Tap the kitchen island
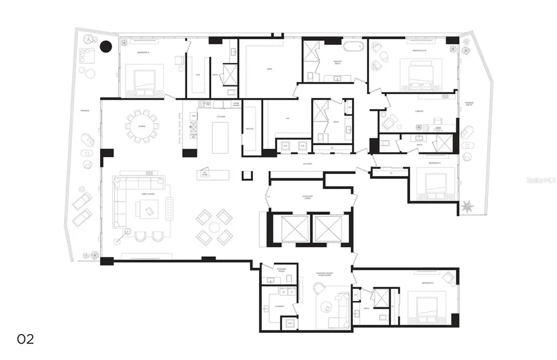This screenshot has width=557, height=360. (220, 139)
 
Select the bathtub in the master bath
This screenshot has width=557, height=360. (348, 45)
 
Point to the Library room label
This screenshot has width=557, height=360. (419, 111)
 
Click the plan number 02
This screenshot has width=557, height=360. (26, 339)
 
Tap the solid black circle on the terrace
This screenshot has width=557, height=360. (106, 47)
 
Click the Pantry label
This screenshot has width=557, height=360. (250, 128)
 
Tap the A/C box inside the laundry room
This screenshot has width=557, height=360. (289, 323)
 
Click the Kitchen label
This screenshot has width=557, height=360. (221, 116)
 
